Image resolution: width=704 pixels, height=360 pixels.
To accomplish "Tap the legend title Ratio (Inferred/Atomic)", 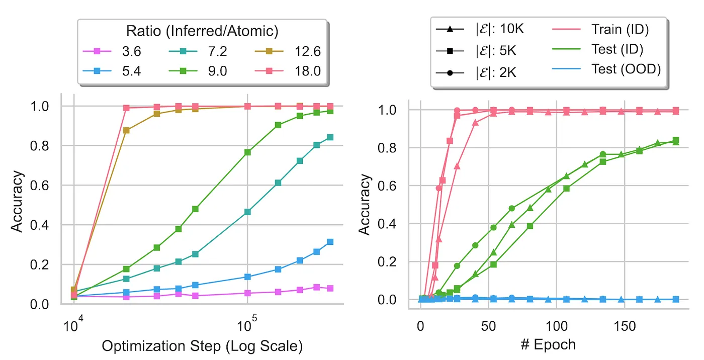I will [x=202, y=31].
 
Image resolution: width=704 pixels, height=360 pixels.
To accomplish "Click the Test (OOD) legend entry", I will [x=625, y=69].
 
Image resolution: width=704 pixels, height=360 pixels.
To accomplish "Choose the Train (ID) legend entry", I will [x=620, y=29].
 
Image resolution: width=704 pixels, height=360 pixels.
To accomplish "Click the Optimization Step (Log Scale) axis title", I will [x=202, y=346].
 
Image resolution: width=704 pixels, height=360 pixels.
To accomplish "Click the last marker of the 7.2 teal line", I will [x=330, y=137].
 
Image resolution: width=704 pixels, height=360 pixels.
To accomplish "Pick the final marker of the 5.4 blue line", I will [x=330, y=242].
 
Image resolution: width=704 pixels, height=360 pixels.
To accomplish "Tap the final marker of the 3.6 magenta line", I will [x=330, y=289].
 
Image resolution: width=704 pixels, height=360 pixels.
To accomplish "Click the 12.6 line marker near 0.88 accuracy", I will [x=126, y=130].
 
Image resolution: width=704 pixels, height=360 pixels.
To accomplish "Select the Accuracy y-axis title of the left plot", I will [x=17, y=201].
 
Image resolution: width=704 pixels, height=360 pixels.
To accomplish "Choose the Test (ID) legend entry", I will [x=617, y=49].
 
